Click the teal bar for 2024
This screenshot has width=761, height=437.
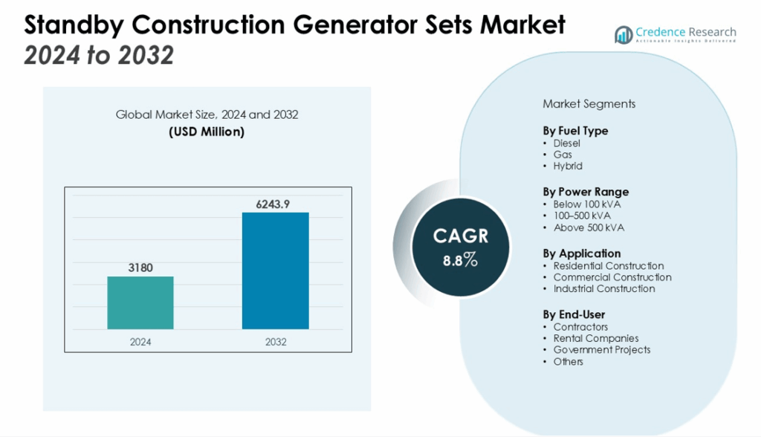[x=140, y=303]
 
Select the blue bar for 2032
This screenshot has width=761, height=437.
[x=275, y=271]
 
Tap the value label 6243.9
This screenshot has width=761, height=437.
[x=275, y=203]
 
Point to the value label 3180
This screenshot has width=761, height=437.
[x=140, y=268]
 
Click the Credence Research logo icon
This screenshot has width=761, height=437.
[x=623, y=34]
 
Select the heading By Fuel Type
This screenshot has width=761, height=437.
[x=575, y=131]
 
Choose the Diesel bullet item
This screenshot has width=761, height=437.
[x=567, y=143]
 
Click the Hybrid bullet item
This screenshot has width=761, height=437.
[x=568, y=166]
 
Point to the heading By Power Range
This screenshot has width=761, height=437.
[x=586, y=192]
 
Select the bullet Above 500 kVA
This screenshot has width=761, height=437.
[x=589, y=227]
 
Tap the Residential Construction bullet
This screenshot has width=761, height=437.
[x=608, y=265]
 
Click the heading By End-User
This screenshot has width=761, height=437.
[x=574, y=314]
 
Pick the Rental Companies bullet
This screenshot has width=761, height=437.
[x=595, y=338]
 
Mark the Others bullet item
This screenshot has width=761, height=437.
[x=569, y=361]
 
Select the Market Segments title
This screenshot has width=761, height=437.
[x=589, y=104]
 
